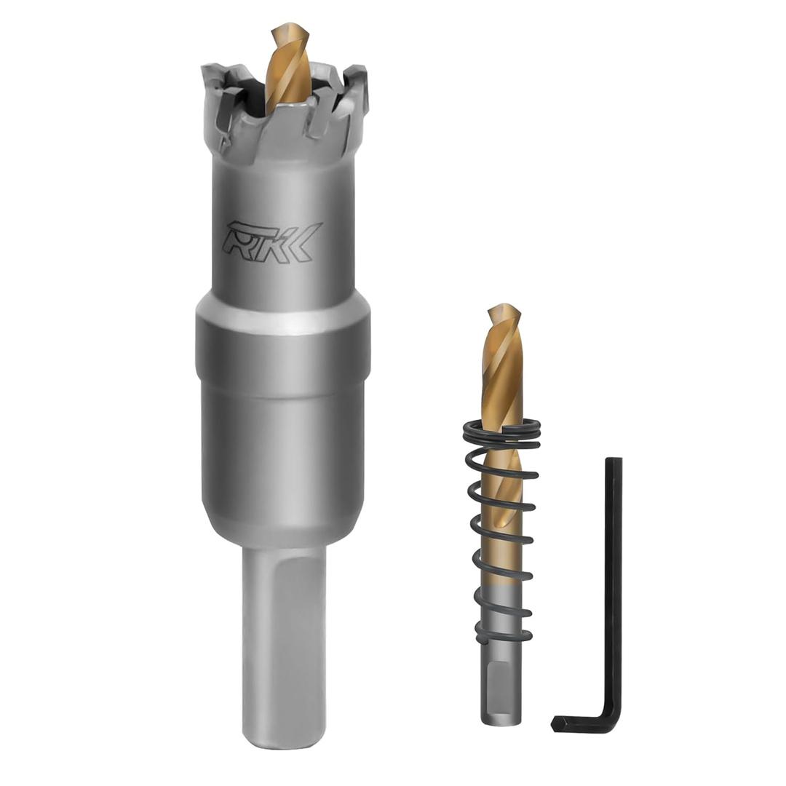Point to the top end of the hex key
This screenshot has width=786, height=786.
[x=614, y=463]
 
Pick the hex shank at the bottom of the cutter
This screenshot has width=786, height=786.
[x=283, y=640]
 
